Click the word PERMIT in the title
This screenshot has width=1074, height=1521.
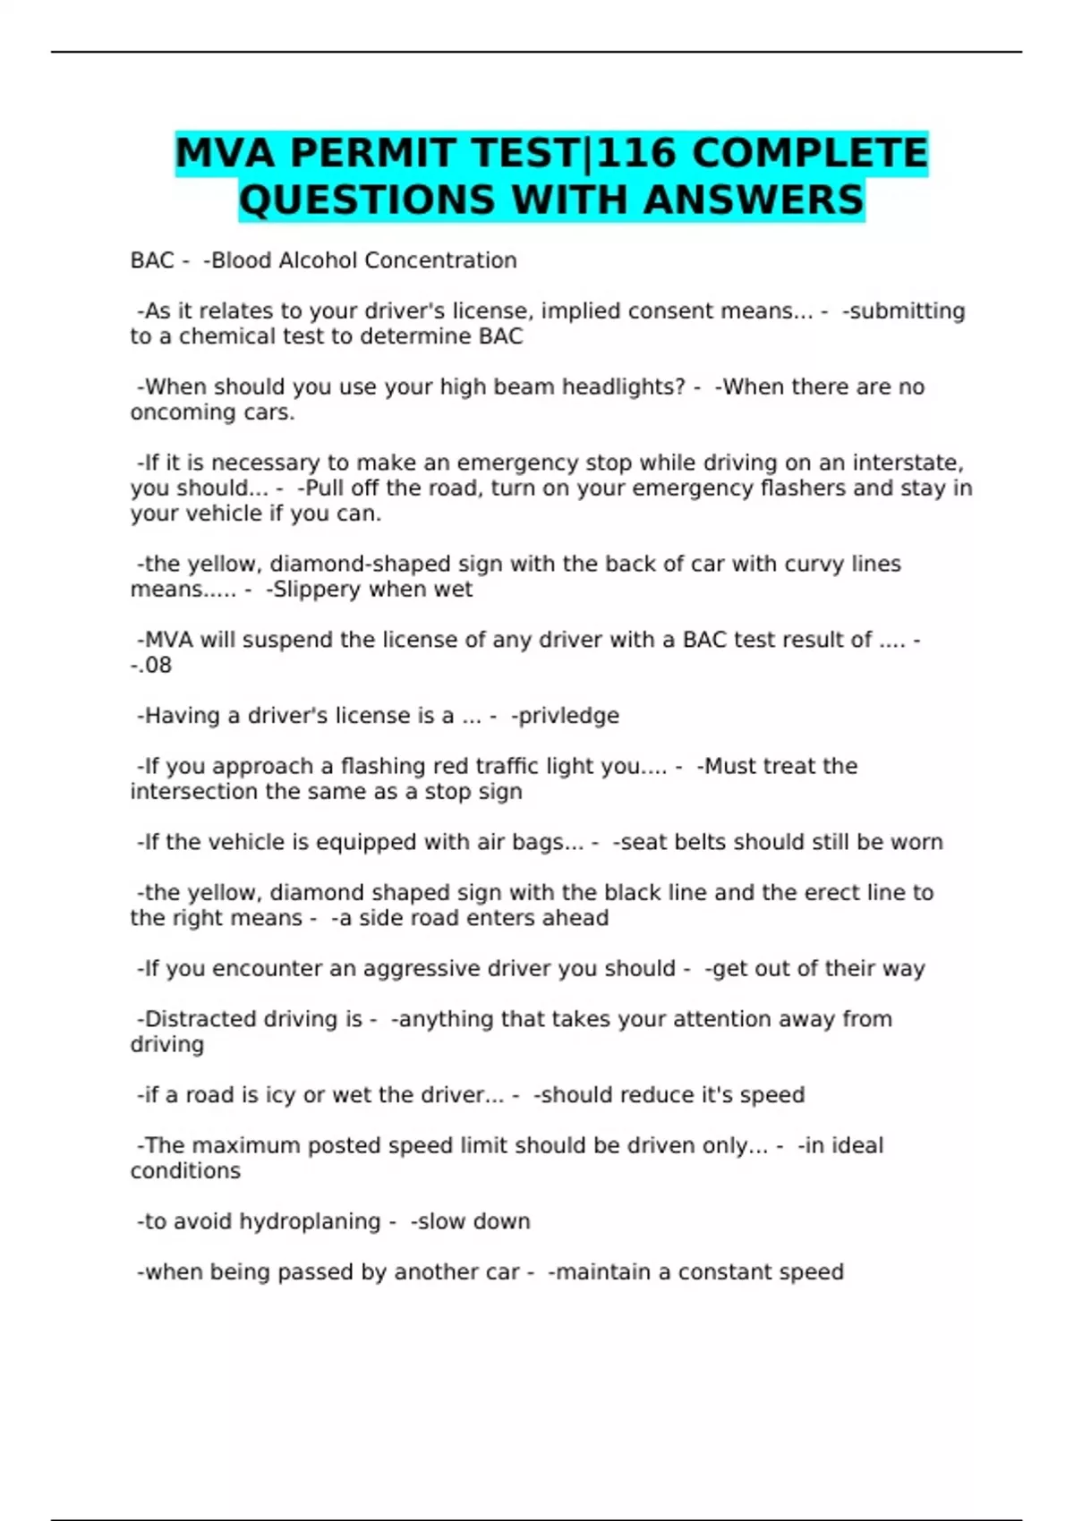tap(375, 153)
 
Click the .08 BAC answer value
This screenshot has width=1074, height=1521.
tap(155, 666)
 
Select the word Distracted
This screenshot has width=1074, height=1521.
tap(196, 1019)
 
